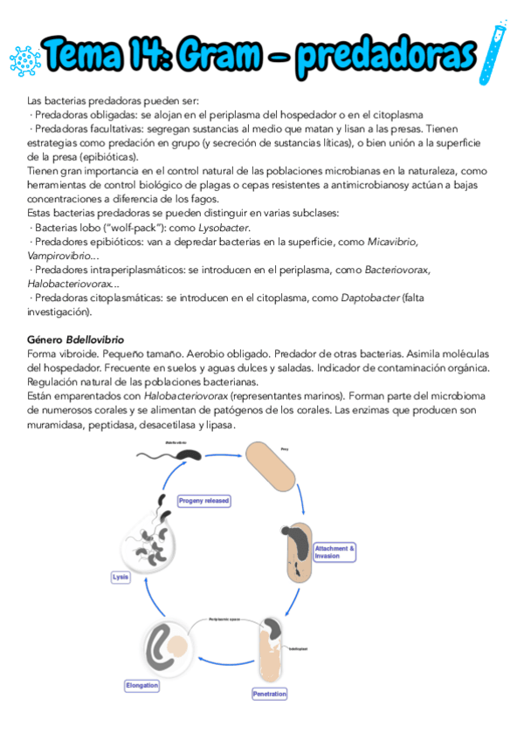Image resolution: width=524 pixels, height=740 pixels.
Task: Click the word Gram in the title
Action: point(224,56)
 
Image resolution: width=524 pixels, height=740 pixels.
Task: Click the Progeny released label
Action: point(203,501)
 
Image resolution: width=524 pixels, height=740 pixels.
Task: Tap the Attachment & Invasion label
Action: point(334,552)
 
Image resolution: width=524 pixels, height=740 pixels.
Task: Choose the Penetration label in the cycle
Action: point(270,694)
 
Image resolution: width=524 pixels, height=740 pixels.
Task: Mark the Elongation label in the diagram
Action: point(142,685)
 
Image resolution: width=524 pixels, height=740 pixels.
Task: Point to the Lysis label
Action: point(121,577)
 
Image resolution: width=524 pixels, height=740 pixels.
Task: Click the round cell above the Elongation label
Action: point(172,647)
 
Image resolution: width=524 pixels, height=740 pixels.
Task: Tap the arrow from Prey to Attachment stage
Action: point(302,495)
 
